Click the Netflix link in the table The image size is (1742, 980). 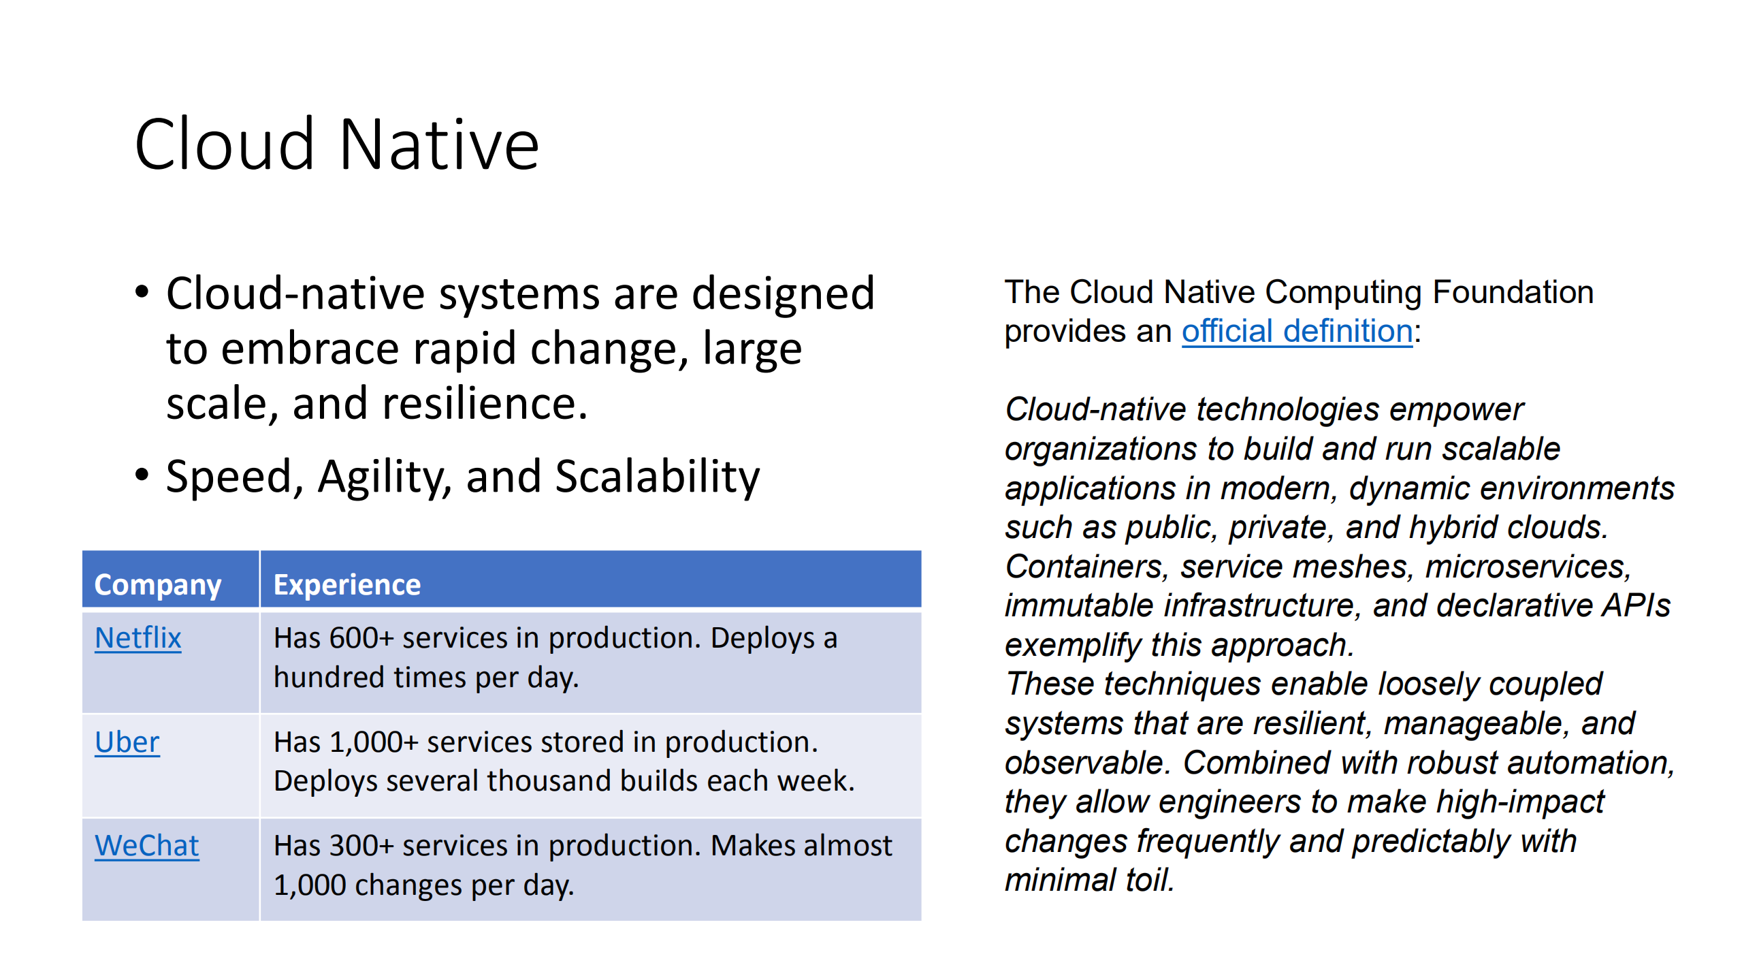[138, 638]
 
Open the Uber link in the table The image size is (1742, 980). [127, 742]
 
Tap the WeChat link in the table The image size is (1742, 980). [147, 845]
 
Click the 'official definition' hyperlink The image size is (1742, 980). [1297, 331]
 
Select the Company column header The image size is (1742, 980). [158, 585]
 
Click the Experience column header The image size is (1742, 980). [347, 585]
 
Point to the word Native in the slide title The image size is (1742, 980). [439, 144]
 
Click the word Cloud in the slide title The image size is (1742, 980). [225, 144]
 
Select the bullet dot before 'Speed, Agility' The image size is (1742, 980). [142, 474]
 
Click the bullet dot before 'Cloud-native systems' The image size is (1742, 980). [142, 292]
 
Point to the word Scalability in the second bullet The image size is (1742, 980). [658, 476]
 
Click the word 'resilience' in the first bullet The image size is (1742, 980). [485, 403]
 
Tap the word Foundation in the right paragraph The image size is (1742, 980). [1513, 292]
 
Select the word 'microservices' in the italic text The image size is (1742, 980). [1528, 567]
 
